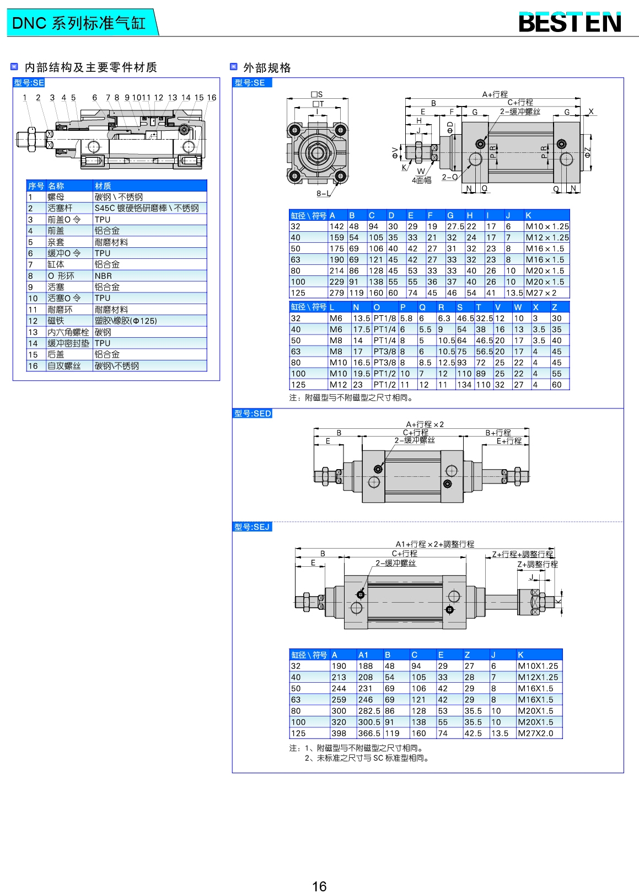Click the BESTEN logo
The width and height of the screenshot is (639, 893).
click(x=570, y=23)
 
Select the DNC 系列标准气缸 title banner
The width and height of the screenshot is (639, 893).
click(x=79, y=23)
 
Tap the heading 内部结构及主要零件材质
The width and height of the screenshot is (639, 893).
click(x=91, y=67)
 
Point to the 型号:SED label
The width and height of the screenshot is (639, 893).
click(x=253, y=413)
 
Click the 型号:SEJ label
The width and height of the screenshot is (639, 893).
click(x=252, y=527)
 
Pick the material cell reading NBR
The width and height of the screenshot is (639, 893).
click(x=103, y=276)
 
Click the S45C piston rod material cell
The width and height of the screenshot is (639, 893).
click(x=147, y=208)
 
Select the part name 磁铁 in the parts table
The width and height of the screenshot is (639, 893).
click(x=56, y=321)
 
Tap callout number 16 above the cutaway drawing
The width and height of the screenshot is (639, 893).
click(x=212, y=98)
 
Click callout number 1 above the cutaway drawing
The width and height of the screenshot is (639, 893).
click(x=25, y=98)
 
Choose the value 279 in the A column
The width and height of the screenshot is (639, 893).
click(x=336, y=293)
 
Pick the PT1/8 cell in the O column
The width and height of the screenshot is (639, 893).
click(x=385, y=318)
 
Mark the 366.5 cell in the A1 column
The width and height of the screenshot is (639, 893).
click(x=369, y=733)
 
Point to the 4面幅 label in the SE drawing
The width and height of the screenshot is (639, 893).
click(x=422, y=180)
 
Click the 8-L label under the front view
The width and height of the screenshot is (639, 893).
click(x=324, y=194)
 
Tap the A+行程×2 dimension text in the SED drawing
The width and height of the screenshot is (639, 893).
click(x=425, y=424)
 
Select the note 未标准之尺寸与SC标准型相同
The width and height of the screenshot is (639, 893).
click(x=367, y=758)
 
